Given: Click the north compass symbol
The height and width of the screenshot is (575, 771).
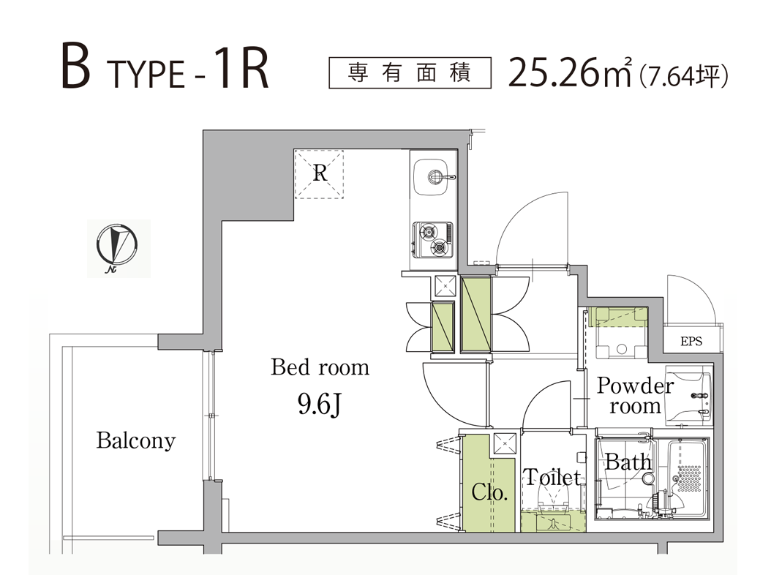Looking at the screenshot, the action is tap(116, 247).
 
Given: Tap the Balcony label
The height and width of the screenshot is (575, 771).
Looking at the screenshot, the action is tap(136, 440).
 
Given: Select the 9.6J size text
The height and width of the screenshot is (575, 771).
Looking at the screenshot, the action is tap(320, 405).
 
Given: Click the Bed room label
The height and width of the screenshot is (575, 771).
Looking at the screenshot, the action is tap(320, 367).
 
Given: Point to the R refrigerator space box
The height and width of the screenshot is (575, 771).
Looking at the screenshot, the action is tap(319, 174).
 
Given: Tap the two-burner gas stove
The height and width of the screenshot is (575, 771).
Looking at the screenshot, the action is tap(433, 239).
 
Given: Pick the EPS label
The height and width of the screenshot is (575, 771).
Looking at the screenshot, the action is tap(691, 341).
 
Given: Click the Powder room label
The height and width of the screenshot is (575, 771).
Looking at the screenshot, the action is tap(634, 396).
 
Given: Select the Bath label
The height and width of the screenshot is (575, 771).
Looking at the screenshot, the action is tap(628, 462).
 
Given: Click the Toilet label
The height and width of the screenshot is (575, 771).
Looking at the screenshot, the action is tap(552, 477).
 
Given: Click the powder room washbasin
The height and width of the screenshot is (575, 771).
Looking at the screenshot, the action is tap(688, 396).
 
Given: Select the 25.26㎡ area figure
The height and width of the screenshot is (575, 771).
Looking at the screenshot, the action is tap(569, 72).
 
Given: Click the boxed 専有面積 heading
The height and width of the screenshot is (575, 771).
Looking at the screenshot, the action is tap(410, 73).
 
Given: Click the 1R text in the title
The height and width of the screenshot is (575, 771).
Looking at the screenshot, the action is tap(241, 69).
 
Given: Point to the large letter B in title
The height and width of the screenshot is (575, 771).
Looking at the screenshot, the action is tap(76, 66).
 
